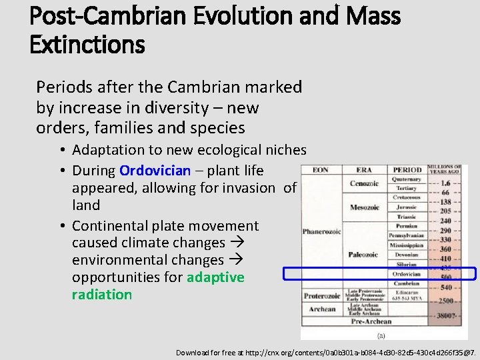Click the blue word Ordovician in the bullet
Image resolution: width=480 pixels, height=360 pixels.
[x=155, y=171]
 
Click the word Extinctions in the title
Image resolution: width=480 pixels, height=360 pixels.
[x=87, y=45]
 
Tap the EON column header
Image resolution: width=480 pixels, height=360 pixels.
[x=321, y=170]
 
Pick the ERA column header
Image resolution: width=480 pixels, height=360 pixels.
[x=364, y=170]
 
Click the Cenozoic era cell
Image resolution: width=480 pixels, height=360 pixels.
[x=365, y=183]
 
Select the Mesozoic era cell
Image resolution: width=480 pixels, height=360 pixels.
[x=365, y=207]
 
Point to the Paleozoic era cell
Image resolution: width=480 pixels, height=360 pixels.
[x=364, y=255]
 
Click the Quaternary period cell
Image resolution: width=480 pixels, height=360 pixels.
[x=406, y=179]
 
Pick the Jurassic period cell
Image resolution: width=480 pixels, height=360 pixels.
[x=406, y=207]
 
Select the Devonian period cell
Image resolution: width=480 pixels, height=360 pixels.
[x=406, y=255]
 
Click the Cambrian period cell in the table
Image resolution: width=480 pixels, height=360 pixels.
[x=406, y=283]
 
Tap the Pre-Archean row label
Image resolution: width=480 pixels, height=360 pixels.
[x=371, y=321]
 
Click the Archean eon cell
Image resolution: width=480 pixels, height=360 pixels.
[x=323, y=309]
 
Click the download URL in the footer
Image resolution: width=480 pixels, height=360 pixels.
[x=325, y=352]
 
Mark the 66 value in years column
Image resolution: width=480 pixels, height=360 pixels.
[x=445, y=192]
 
